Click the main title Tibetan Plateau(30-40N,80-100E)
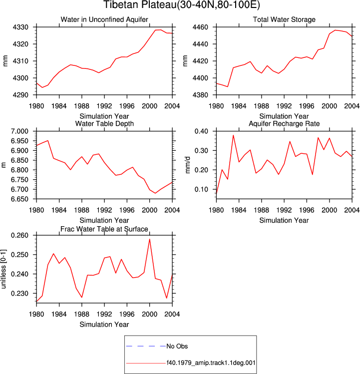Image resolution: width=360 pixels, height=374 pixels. pos(182,5)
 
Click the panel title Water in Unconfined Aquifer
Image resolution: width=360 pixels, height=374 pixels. pos(104,19)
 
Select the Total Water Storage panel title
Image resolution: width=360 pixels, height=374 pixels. pos(284,19)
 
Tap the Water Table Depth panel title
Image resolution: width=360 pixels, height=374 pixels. pos(104,123)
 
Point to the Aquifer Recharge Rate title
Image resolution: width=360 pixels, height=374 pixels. pos(284,123)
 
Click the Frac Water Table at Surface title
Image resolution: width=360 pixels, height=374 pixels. pos(104,229)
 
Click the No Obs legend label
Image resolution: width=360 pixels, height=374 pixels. pos(177,346)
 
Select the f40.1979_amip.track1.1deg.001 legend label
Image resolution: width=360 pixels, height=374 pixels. pos(211,363)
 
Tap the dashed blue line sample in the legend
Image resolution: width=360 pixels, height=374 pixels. pos(146,346)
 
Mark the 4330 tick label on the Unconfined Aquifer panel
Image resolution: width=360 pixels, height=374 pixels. pos(20,27)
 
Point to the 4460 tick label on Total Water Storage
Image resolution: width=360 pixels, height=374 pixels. pos(200,27)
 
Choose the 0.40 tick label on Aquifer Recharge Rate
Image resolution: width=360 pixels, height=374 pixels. pos(201,131)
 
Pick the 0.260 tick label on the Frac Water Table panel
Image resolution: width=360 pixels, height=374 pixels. pos(20,235)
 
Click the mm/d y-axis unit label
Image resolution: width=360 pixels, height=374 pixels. pos(188,165)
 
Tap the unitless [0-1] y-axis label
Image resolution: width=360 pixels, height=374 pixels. pos(3,269)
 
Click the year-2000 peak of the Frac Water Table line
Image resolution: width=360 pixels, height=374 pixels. pos(150,239)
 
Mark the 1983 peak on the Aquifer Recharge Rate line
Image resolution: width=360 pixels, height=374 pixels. pos(233,135)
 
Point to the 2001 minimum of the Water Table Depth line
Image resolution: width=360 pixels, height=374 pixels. pos(155,193)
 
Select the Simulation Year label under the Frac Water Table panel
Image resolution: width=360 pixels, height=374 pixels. pos(104,325)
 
